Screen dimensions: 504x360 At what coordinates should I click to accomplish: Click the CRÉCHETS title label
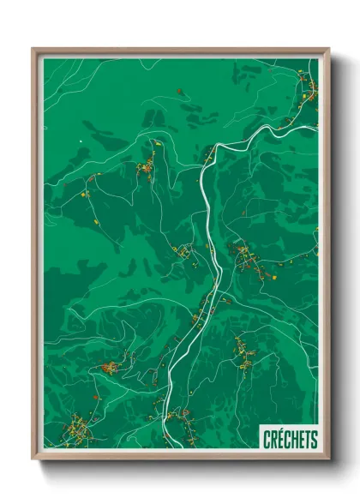(290, 439)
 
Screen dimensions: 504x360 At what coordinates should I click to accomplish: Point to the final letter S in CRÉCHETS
(314, 439)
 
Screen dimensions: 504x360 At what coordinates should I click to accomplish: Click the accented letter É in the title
(280, 439)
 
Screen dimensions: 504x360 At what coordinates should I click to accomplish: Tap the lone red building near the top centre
(179, 90)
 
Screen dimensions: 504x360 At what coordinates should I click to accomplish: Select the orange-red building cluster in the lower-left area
(110, 368)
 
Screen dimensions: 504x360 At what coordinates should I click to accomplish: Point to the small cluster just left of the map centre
(184, 252)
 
